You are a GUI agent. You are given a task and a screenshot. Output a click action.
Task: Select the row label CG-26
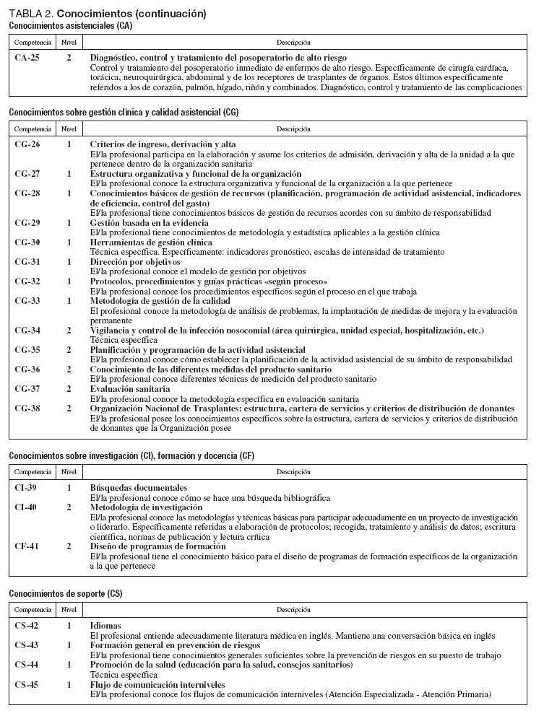[x=27, y=144]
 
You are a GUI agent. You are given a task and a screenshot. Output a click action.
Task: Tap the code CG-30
[x=27, y=242]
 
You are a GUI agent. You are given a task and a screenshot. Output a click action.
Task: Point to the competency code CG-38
[x=27, y=408]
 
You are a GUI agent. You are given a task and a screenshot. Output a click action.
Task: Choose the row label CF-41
[x=27, y=547]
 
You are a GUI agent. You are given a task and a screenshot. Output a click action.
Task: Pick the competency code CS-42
[x=27, y=626]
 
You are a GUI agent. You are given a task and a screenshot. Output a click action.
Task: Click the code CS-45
[x=27, y=684]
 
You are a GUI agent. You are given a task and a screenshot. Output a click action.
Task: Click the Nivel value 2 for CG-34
[x=69, y=331]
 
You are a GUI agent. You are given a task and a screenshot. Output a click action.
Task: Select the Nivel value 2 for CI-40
[x=69, y=508]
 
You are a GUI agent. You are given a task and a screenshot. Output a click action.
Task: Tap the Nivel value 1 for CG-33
[x=69, y=300]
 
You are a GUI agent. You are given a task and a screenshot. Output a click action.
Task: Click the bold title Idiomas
[x=105, y=626]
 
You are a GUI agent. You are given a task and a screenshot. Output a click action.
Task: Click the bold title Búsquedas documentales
[x=139, y=489]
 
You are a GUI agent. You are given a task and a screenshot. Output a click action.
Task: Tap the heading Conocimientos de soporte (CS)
[x=66, y=593]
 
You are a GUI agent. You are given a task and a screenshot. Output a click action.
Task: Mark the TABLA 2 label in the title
[x=30, y=14]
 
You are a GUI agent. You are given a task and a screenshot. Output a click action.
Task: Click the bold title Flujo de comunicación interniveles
[x=157, y=684]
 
